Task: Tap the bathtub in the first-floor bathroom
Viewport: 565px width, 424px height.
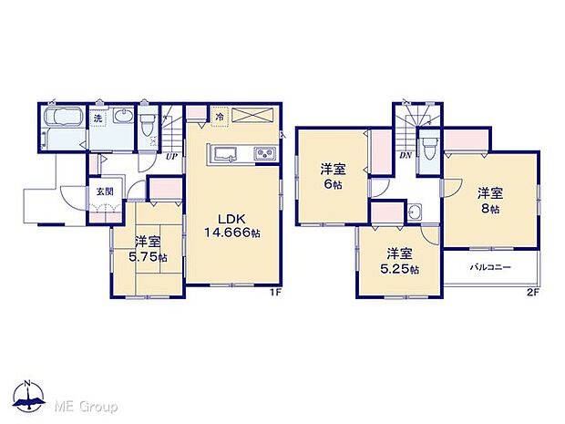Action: [x=62, y=123]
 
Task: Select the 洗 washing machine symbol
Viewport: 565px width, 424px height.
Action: [x=96, y=119]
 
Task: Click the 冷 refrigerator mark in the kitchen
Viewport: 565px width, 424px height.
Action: [x=219, y=116]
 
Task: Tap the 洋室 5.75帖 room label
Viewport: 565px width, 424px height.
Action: [x=149, y=249]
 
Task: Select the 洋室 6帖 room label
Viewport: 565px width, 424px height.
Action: [x=332, y=176]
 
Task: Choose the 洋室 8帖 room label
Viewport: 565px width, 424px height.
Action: [x=490, y=200]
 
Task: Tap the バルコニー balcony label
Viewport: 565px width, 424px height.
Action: [x=490, y=267]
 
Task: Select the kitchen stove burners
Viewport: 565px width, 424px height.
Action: [x=264, y=153]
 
